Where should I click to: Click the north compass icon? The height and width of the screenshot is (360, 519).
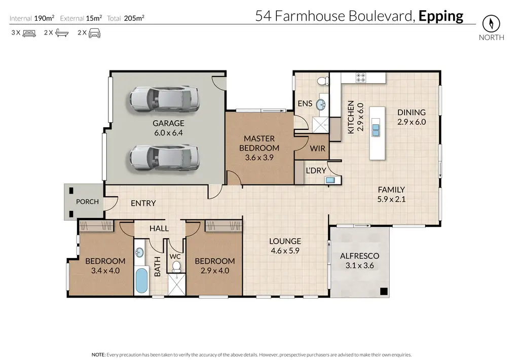[x=491, y=23]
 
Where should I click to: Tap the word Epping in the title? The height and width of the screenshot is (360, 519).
[x=441, y=16]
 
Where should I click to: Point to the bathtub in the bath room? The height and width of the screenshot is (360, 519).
[x=142, y=280]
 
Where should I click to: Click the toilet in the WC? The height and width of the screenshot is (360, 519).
[x=176, y=266]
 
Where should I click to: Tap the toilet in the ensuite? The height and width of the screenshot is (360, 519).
[x=323, y=81]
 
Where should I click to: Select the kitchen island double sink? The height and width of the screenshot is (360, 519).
[x=376, y=130]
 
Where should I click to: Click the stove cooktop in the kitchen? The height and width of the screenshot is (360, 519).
[x=361, y=78]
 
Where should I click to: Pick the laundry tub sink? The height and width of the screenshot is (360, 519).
[x=330, y=181]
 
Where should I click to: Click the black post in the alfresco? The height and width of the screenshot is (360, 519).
[x=384, y=291]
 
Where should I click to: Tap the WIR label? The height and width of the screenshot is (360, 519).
[x=317, y=149]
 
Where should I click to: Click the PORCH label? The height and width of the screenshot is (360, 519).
[x=87, y=202]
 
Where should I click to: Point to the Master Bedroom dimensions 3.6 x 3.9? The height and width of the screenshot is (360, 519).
[x=259, y=158]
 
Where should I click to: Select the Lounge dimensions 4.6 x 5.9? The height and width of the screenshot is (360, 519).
[x=285, y=250]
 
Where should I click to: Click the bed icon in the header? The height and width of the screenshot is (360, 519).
[x=29, y=33]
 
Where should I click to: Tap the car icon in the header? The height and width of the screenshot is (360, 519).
[x=94, y=33]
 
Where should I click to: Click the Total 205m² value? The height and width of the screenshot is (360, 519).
[x=134, y=18]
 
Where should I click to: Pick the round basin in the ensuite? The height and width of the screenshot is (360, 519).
[x=321, y=105]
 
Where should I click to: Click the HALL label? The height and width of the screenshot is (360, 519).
[x=159, y=229]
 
